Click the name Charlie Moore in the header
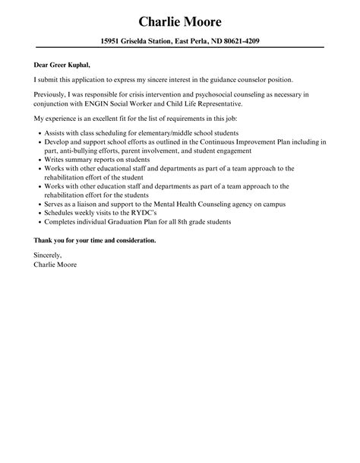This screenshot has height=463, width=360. (180, 21)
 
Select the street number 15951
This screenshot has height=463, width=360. (114, 41)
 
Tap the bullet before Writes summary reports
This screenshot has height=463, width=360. (38, 159)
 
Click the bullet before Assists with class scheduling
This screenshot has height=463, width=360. (38, 132)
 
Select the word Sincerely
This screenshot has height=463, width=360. (48, 255)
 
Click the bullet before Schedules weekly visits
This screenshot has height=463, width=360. (38, 213)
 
